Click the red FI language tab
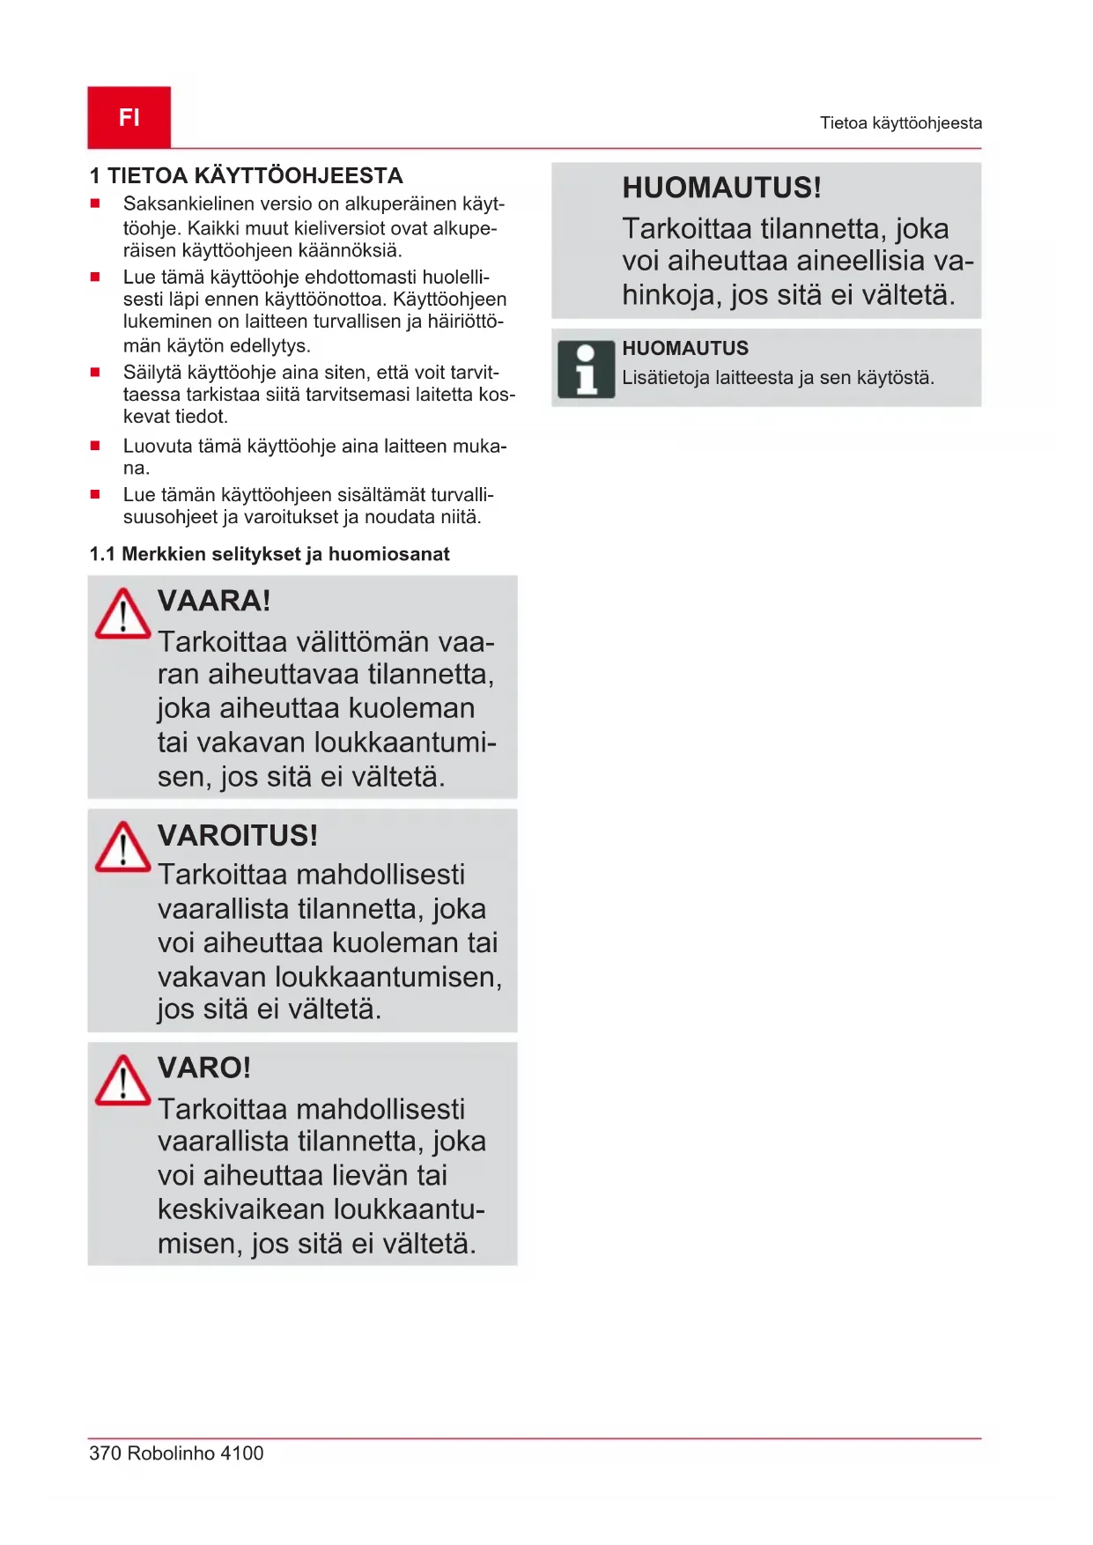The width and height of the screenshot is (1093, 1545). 129,117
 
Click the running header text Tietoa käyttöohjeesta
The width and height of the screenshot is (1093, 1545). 900,123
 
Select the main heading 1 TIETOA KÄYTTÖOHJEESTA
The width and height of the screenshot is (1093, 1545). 247,176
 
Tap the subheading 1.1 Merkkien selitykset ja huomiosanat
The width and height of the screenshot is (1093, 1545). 270,554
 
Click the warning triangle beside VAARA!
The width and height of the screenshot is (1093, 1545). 122,614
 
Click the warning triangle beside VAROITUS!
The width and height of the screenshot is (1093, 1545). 122,847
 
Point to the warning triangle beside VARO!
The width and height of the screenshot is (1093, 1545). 122,1081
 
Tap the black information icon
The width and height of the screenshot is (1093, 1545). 586,370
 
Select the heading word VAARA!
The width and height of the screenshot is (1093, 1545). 214,601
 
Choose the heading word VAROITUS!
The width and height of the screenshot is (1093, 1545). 238,835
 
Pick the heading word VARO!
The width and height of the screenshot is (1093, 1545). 204,1068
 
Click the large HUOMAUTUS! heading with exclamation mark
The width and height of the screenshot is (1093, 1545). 721,188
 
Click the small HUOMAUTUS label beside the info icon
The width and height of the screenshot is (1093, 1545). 685,348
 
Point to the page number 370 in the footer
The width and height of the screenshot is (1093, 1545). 105,1453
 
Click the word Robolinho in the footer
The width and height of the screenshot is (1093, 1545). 171,1453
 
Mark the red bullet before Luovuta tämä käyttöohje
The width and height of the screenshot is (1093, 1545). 95,446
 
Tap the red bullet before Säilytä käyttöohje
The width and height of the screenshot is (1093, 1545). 95,372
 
